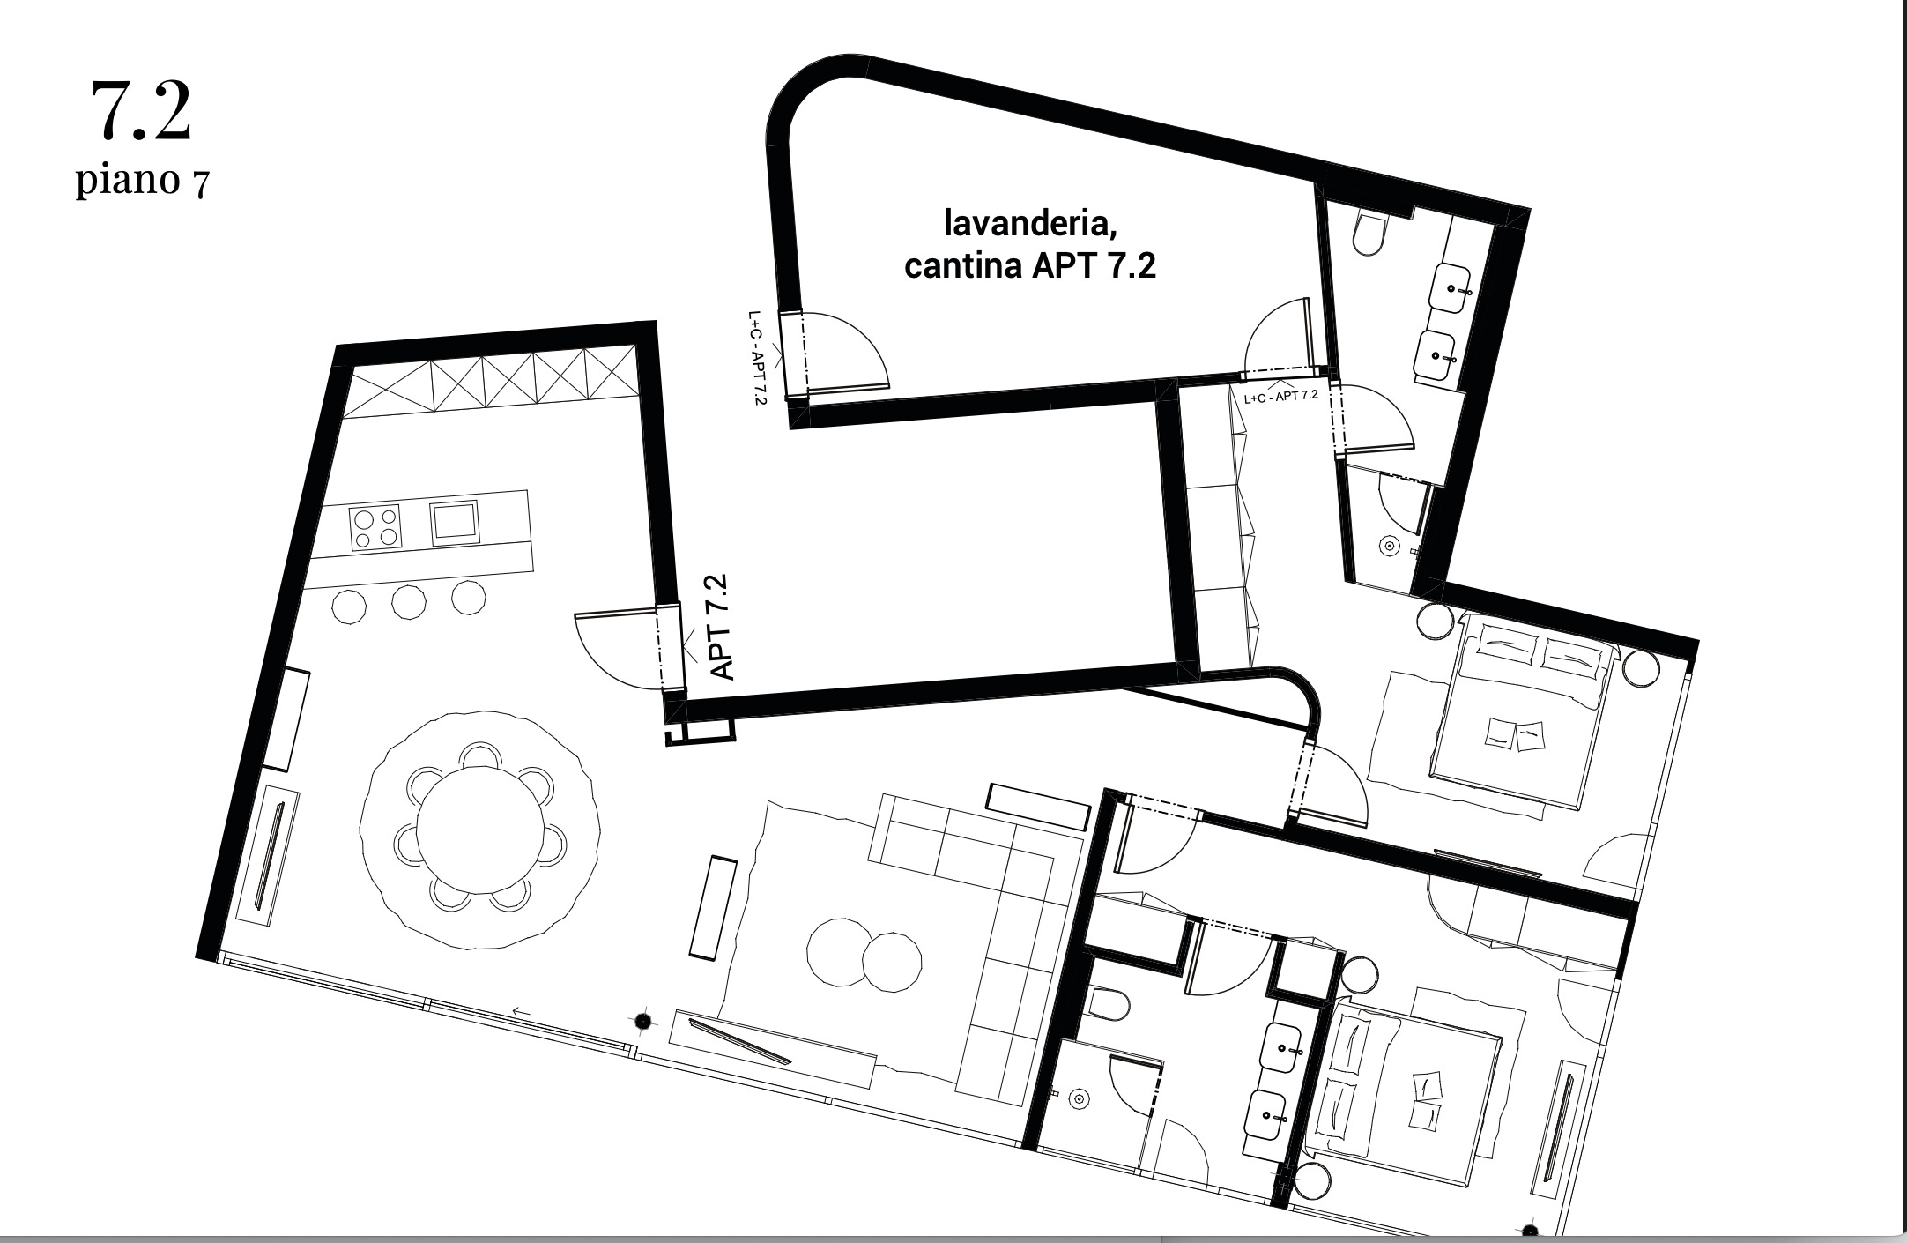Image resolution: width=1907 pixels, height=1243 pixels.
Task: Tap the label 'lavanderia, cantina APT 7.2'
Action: pos(1030,243)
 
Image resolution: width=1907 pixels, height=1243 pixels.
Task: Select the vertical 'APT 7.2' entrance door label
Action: pos(721,627)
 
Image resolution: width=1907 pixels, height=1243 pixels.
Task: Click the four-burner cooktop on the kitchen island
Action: pos(375,527)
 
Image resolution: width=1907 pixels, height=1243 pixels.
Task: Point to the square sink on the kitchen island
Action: pos(454,520)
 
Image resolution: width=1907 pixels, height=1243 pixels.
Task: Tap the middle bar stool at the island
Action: pos(409,602)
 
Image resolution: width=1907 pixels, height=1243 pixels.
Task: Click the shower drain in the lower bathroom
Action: pos(1078,1099)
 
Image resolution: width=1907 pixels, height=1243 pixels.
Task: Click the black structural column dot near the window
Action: pos(643,1021)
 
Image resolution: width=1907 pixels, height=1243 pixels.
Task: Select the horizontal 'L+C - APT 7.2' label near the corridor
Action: pos(1280,397)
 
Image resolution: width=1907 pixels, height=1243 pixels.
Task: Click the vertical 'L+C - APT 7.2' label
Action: pos(756,357)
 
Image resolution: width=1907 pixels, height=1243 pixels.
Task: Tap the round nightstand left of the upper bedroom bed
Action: pos(1436,621)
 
